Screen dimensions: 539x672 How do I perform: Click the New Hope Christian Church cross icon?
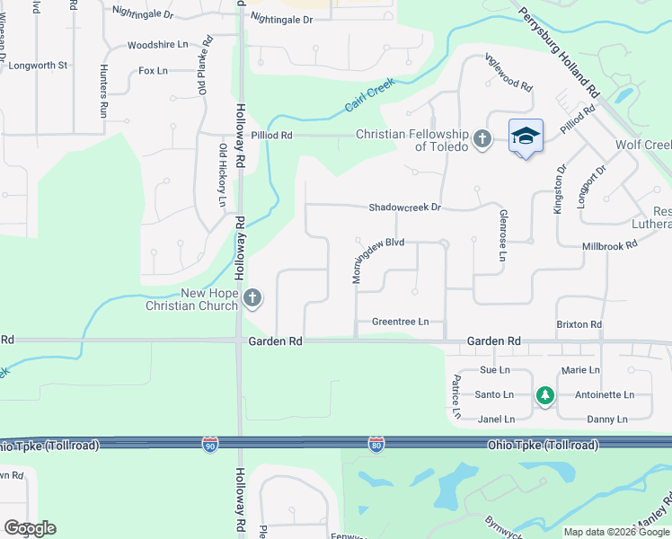(253, 297)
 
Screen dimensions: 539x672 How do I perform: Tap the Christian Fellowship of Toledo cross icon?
(482, 138)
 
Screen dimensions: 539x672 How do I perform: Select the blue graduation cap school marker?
(526, 137)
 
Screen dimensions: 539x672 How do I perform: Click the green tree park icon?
(544, 393)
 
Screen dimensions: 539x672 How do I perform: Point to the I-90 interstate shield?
(209, 446)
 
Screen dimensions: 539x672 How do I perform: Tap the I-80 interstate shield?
(376, 446)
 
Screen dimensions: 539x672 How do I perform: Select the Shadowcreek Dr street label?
(405, 208)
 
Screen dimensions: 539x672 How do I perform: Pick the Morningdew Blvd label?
(378, 258)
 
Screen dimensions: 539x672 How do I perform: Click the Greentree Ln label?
(400, 322)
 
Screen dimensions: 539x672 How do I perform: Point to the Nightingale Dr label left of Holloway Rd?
(143, 13)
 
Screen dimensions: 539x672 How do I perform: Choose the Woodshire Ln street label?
(157, 44)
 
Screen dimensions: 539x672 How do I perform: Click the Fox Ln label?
(153, 70)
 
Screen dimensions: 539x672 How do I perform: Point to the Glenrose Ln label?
(503, 235)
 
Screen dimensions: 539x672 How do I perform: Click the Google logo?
(30, 528)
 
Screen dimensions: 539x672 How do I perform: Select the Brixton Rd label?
(579, 324)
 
